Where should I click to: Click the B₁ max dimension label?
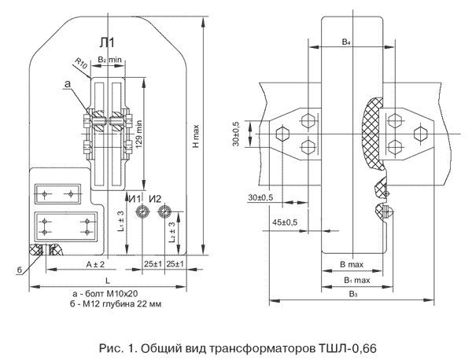point(356,279)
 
